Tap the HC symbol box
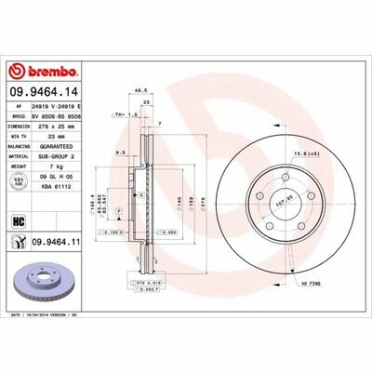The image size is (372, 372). pos(18,220)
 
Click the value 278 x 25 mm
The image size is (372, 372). pos(62,125)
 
